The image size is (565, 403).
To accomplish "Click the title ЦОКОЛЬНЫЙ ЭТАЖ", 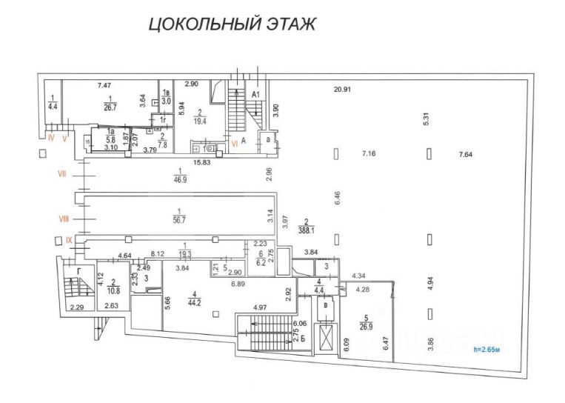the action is click(233, 24).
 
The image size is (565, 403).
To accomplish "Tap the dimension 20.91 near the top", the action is click(341, 90).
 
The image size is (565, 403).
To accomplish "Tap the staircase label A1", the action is click(255, 95).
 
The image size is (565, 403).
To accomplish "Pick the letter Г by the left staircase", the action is click(78, 271).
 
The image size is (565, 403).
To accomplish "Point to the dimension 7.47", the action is click(104, 86).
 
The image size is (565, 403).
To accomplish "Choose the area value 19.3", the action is click(184, 254).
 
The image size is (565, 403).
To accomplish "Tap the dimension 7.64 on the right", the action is click(465, 154).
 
